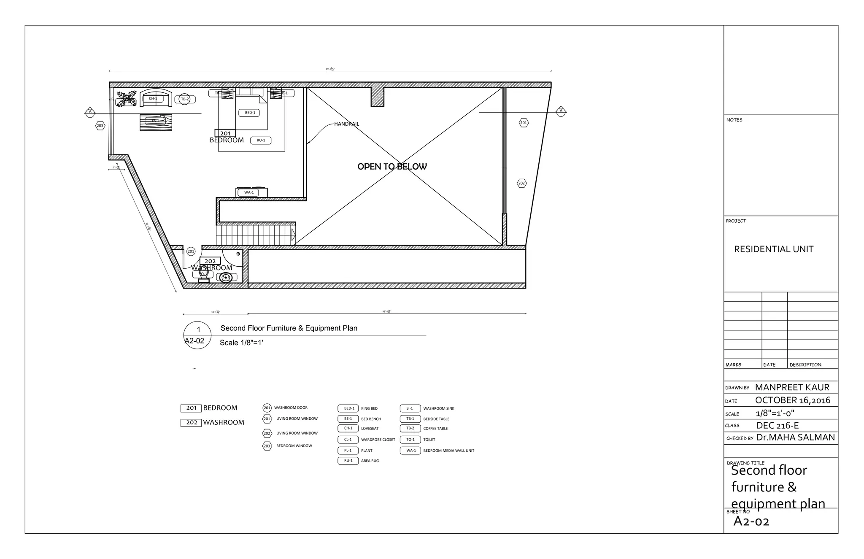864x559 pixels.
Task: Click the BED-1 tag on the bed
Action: (x=250, y=113)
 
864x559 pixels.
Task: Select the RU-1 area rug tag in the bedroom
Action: (x=261, y=140)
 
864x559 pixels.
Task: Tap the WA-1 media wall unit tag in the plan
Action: (x=249, y=192)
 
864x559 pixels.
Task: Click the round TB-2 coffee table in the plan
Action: (x=185, y=99)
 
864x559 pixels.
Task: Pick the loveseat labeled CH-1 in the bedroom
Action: (x=156, y=98)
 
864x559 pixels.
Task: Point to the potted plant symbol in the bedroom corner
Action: (x=127, y=99)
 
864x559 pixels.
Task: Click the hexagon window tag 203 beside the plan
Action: (x=100, y=126)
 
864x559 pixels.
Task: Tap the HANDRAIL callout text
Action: (x=346, y=124)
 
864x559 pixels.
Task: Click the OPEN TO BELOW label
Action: (x=392, y=167)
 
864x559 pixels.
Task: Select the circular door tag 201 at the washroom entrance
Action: (x=191, y=251)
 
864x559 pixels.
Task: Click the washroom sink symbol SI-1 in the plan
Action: (x=226, y=277)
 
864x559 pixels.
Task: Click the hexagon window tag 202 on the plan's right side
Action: (x=521, y=183)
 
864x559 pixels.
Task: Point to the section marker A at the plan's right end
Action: (x=561, y=112)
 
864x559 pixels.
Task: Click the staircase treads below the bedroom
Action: (x=253, y=235)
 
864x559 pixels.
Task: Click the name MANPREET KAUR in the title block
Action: (x=792, y=387)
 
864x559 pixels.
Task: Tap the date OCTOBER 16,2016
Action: (x=792, y=400)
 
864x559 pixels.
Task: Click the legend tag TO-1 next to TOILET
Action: (x=410, y=440)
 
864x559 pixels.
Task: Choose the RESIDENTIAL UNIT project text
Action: (x=773, y=249)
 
